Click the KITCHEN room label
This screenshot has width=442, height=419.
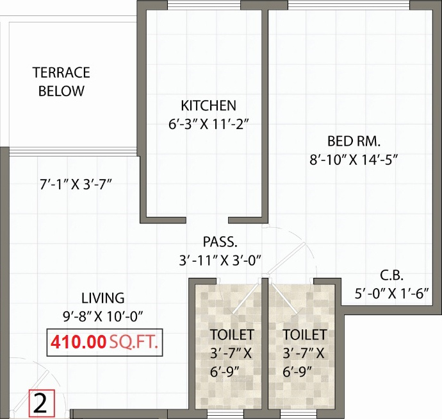208,105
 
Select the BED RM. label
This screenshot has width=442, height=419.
354,141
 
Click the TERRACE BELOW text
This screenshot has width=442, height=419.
61,81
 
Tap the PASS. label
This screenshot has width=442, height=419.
220,242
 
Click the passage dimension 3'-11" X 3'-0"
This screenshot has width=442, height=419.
222,261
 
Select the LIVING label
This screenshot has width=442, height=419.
102,298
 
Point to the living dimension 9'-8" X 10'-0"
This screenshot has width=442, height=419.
102,315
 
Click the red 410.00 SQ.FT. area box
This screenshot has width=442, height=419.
103,341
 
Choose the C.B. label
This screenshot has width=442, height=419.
391,276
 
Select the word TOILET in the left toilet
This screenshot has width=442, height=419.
232,334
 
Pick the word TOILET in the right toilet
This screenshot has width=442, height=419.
304,334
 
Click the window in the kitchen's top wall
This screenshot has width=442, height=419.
204,5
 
